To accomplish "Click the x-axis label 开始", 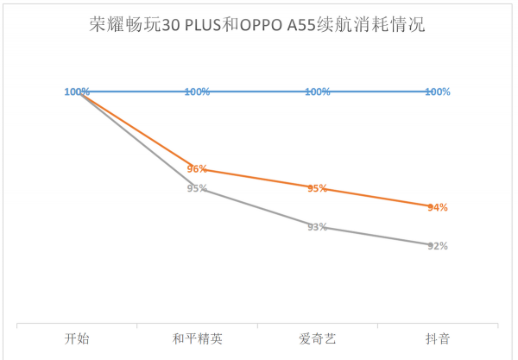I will point(76,339).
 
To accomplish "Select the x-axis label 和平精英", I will point(197,339).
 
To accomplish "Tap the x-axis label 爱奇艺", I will point(317,339).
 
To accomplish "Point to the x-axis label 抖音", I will point(438,339).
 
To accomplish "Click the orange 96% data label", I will point(197,169).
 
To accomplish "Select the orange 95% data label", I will point(317,188).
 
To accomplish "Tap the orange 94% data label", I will point(438,207).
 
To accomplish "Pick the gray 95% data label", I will point(197,188).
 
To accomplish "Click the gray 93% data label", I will point(317,227).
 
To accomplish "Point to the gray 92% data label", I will point(438,246).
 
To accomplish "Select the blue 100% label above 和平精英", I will point(197,92).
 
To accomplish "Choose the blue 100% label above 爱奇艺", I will point(317,92).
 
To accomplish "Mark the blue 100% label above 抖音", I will point(438,92).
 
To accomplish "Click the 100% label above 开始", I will point(76,92).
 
